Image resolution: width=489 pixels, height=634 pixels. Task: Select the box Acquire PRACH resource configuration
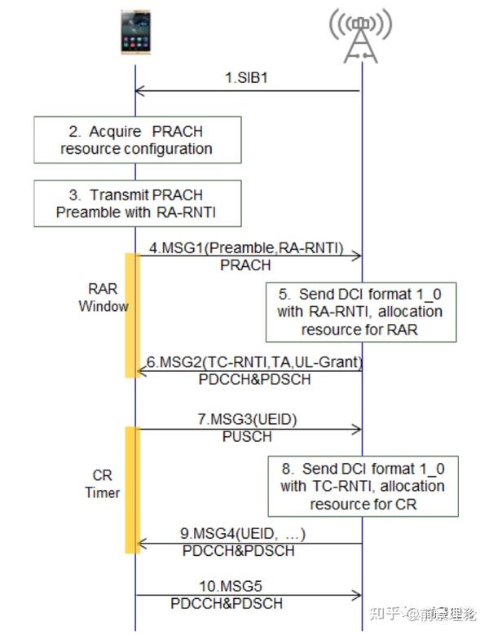[x=137, y=140]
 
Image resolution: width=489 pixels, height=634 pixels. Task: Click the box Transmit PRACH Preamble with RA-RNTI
[x=137, y=203]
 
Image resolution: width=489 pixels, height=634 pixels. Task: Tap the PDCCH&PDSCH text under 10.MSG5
[x=227, y=603]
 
